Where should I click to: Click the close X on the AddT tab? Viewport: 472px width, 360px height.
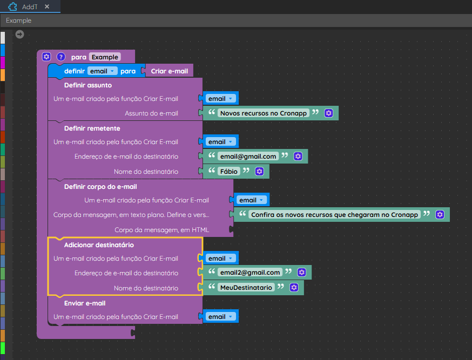point(47,6)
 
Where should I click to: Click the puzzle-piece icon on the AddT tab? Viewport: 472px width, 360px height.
point(12,6)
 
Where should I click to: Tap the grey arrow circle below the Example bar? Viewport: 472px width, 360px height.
point(19,35)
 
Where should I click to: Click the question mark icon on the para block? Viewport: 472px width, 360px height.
point(61,57)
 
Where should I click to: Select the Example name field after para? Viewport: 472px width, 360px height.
point(105,57)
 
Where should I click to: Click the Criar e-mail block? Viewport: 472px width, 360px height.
point(169,71)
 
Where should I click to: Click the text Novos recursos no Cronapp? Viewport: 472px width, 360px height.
point(264,113)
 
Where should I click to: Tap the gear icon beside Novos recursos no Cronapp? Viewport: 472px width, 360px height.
point(328,113)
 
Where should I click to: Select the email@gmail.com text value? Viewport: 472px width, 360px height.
point(248,157)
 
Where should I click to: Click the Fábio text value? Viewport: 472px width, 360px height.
point(229,172)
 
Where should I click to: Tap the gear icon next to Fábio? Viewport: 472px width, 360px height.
point(259,172)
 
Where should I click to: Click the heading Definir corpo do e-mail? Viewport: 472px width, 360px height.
point(100,187)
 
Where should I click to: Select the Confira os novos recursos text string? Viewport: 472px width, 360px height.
point(334,214)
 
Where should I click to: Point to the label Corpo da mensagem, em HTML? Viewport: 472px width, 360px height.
point(161,230)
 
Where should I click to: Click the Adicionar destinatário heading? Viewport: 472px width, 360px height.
point(99,245)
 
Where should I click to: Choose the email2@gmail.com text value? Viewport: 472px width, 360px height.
point(250,273)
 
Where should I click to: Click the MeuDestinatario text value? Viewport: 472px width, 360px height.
point(246,288)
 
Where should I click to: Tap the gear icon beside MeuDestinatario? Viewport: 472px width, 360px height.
point(294,288)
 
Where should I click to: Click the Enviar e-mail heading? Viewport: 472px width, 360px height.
point(85,303)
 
